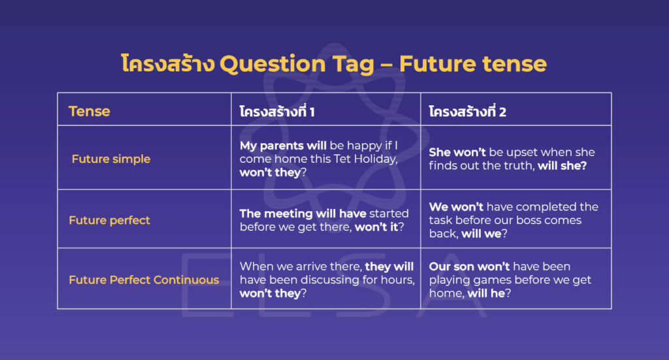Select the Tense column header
click(90, 111)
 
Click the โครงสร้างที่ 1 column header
click(277, 112)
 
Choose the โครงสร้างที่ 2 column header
click(467, 112)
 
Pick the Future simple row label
click(111, 159)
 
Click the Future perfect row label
click(109, 220)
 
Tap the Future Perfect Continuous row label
click(144, 280)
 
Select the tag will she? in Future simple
click(563, 166)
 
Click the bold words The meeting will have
click(302, 214)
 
